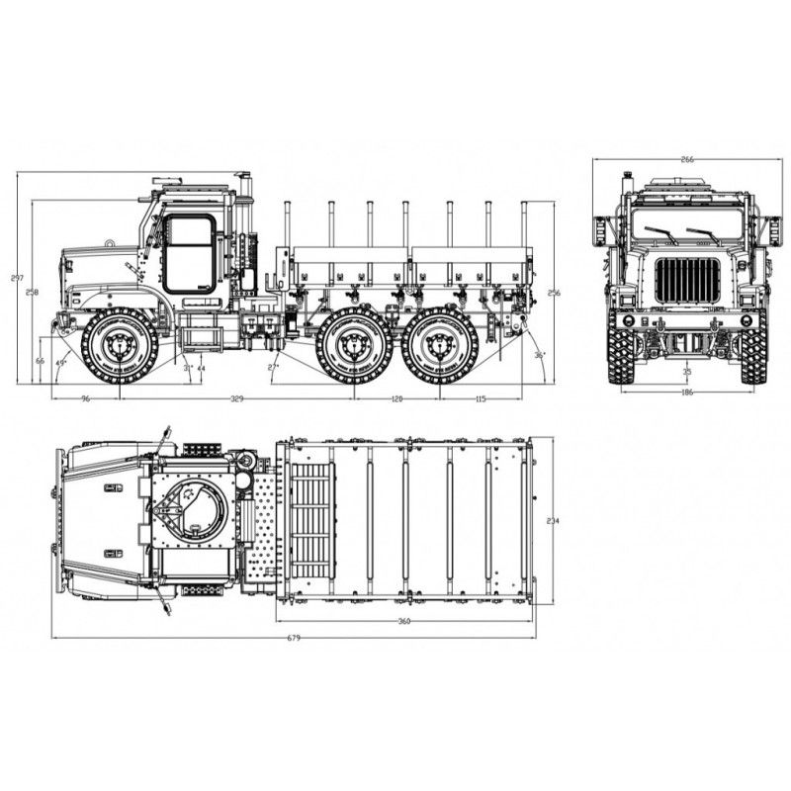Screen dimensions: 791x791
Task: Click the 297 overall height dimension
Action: [x=17, y=279]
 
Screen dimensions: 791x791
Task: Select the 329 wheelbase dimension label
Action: [x=236, y=398]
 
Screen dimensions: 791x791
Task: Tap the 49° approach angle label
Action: [x=61, y=364]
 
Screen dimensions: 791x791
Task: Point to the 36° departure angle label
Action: [x=539, y=354]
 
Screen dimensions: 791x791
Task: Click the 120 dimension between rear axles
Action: [x=396, y=398]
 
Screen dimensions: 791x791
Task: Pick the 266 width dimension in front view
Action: [x=686, y=158]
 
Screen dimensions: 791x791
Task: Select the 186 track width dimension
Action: [x=686, y=393]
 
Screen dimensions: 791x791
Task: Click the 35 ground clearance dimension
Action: [x=686, y=372]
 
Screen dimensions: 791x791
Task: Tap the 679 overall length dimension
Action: [x=294, y=638]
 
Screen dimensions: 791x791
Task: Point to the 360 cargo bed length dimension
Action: [x=404, y=621]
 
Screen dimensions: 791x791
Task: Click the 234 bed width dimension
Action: [x=553, y=521]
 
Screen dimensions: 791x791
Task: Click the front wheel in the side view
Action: [x=120, y=346]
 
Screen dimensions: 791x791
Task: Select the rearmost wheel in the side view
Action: [x=440, y=346]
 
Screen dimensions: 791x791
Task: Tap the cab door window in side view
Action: [x=189, y=253]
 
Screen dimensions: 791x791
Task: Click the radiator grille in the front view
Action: [x=686, y=280]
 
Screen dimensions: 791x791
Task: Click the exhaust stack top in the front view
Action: [x=627, y=177]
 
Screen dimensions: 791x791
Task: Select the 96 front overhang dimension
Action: [x=85, y=398]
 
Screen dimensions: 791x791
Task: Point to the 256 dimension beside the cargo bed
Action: [x=554, y=293]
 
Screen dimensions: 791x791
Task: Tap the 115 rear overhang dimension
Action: [x=482, y=398]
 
